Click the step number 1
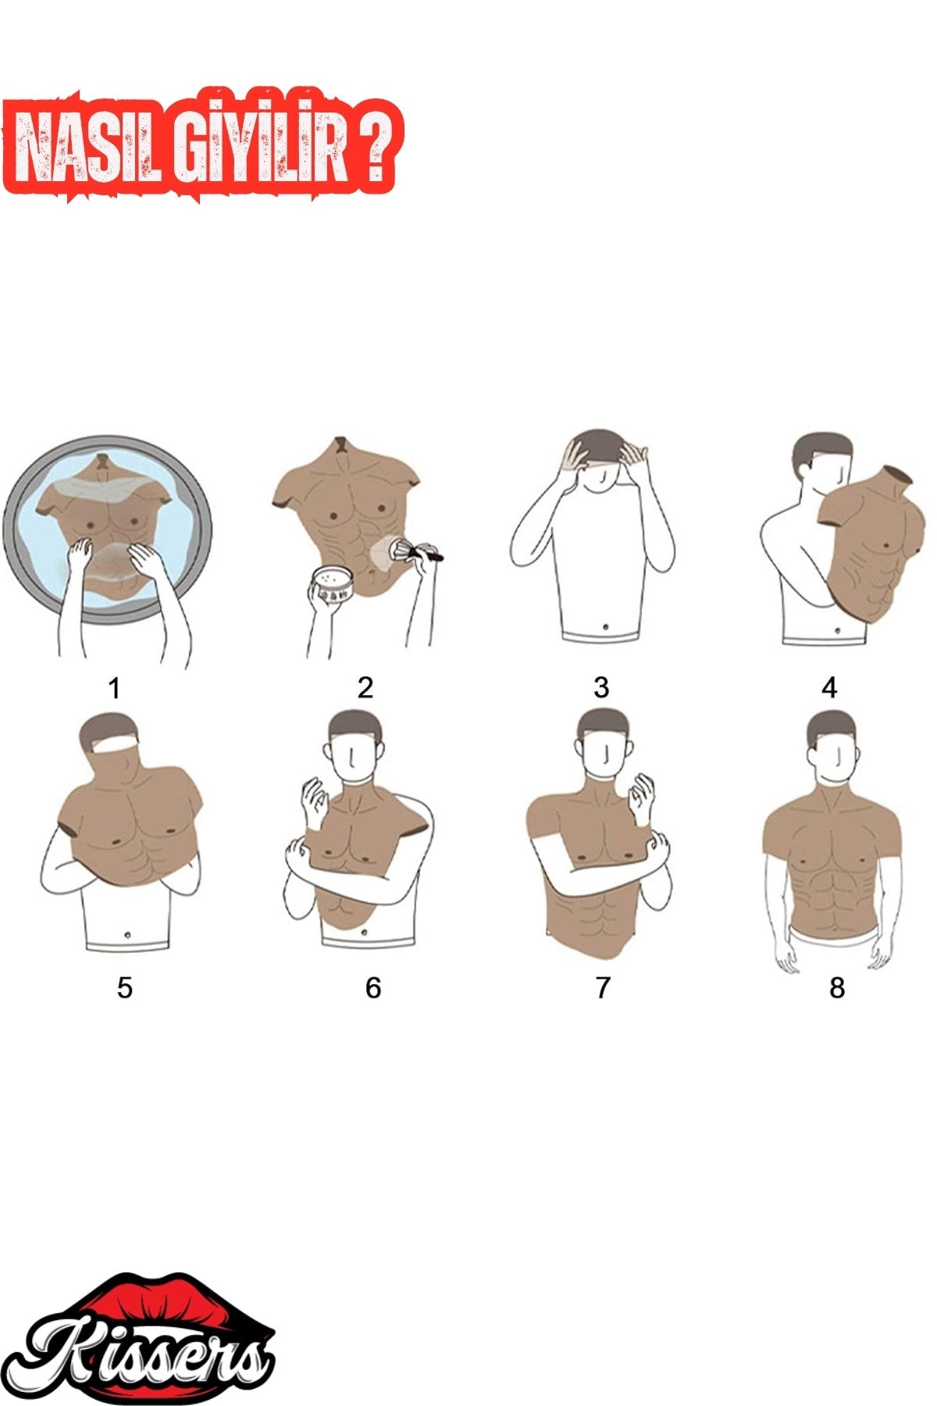tap(115, 689)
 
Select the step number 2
tap(365, 687)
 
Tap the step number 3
tap(600, 687)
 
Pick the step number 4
tap(829, 688)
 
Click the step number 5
tap(125, 988)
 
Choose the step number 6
tap(373, 988)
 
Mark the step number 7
tap(602, 988)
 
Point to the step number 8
tap(837, 988)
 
